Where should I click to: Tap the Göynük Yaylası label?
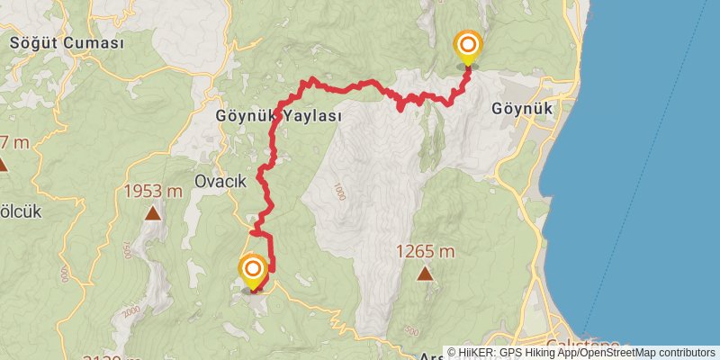279,117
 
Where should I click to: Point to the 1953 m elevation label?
153,191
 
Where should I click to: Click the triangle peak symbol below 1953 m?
153,213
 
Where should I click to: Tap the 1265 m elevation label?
424,252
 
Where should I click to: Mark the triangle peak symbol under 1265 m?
424,274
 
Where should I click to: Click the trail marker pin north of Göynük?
467,48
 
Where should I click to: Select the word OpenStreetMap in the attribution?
620,353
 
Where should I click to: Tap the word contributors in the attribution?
687,353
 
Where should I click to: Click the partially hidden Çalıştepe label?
582,346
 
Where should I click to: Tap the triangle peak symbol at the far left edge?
3,165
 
